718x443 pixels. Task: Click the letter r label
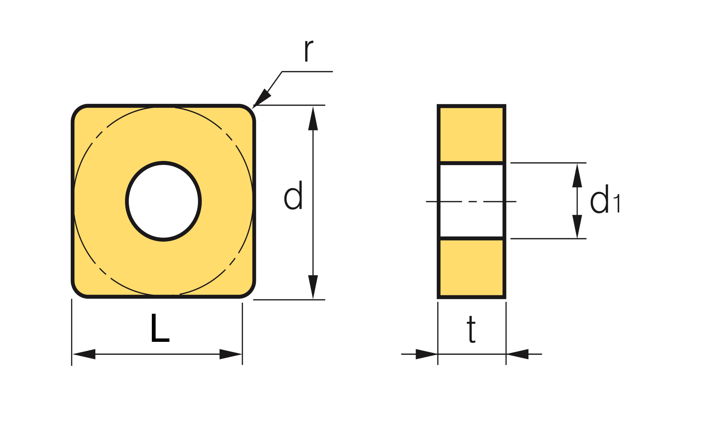tap(309, 51)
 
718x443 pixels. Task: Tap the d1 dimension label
tap(605, 199)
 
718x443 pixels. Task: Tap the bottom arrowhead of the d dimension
tap(313, 287)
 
